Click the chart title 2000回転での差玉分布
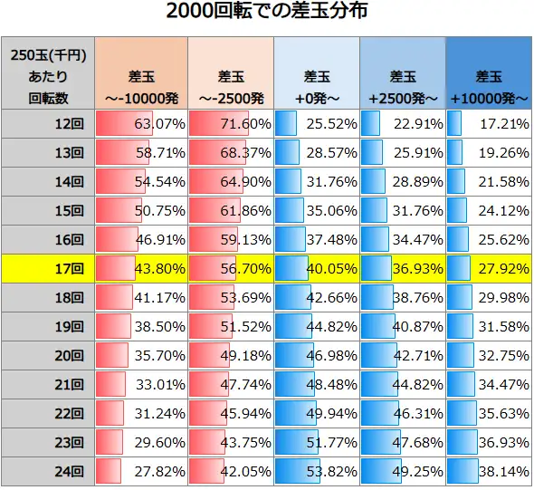click(x=267, y=13)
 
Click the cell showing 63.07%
click(x=140, y=122)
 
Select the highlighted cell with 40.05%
click(x=316, y=268)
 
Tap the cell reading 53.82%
click(x=316, y=471)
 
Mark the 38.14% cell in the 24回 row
click(x=489, y=471)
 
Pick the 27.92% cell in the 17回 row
click(x=489, y=268)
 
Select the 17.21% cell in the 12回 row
click(x=489, y=122)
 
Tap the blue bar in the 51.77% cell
click(x=299, y=442)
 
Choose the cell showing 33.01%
click(x=140, y=384)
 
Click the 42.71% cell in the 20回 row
click(x=403, y=355)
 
